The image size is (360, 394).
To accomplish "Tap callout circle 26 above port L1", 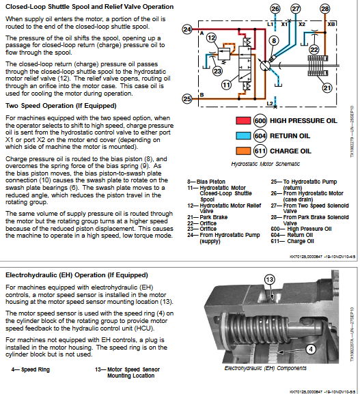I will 275,9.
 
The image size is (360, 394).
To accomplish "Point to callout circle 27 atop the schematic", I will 295,9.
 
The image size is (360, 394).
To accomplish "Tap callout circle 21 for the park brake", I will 327,87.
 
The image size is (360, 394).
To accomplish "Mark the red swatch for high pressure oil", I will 242,121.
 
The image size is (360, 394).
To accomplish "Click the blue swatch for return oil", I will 242,135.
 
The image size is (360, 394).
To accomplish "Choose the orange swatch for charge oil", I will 242,150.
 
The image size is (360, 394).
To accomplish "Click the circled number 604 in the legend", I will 260,135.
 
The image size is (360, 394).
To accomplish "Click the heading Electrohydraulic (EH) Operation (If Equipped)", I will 77,275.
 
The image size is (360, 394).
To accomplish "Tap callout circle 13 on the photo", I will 268,280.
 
